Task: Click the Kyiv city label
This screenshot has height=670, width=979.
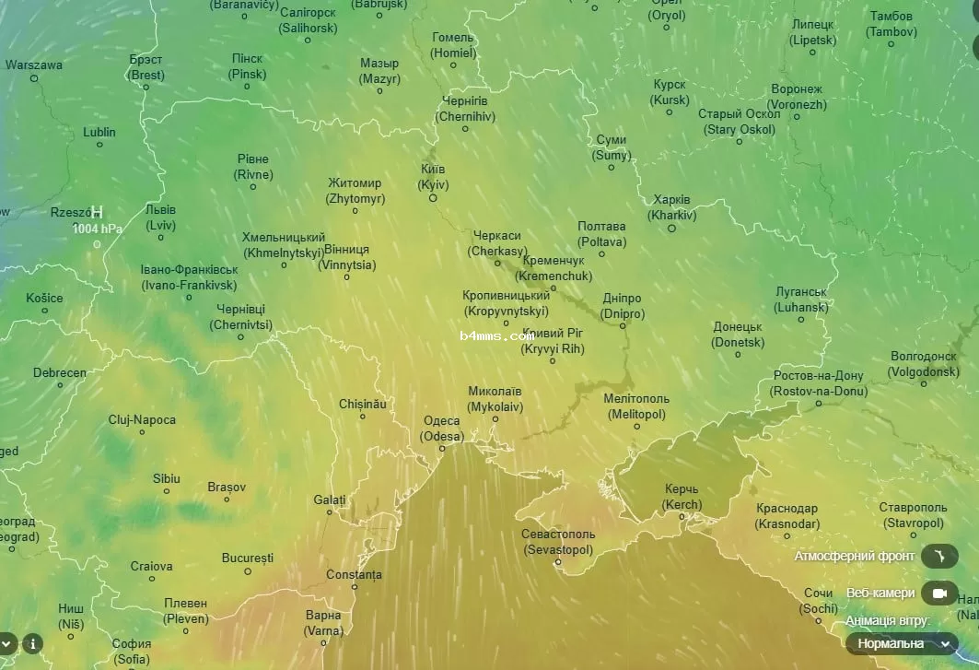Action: (x=433, y=177)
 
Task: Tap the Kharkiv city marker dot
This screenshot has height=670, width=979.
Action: (x=671, y=228)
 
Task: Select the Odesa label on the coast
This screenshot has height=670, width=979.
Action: (x=441, y=429)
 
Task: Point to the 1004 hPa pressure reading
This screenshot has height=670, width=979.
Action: (x=98, y=229)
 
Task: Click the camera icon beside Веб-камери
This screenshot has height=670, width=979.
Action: (x=939, y=593)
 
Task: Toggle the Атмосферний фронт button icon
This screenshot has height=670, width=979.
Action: (x=939, y=556)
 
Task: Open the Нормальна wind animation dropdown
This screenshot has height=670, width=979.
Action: (x=902, y=643)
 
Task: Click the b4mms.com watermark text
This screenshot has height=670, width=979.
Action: (x=496, y=336)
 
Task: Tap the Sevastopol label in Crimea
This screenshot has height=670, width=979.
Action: (x=558, y=542)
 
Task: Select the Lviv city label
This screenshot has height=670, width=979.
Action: (x=160, y=217)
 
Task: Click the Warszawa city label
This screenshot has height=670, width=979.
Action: (x=34, y=65)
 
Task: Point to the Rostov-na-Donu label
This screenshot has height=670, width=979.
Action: (x=819, y=383)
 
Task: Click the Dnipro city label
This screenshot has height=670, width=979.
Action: (x=622, y=306)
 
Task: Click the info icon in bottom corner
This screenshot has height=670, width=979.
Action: (x=32, y=643)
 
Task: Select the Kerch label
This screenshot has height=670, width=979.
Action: (x=682, y=498)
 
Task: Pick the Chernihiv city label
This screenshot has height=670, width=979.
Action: (x=465, y=109)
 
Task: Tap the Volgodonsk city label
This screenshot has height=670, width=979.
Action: (x=924, y=364)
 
